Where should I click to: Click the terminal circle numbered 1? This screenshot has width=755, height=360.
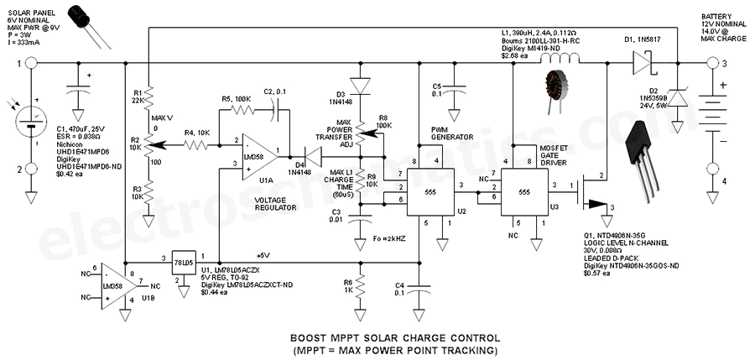31,61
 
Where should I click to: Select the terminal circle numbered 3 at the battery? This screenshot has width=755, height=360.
715,61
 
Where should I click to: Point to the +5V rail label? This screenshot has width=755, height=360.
260,254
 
